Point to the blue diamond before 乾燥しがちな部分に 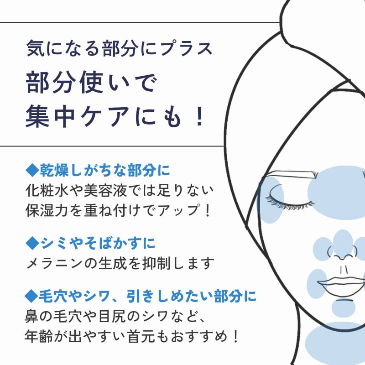[x=31, y=170]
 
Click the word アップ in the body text [x=179, y=211]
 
